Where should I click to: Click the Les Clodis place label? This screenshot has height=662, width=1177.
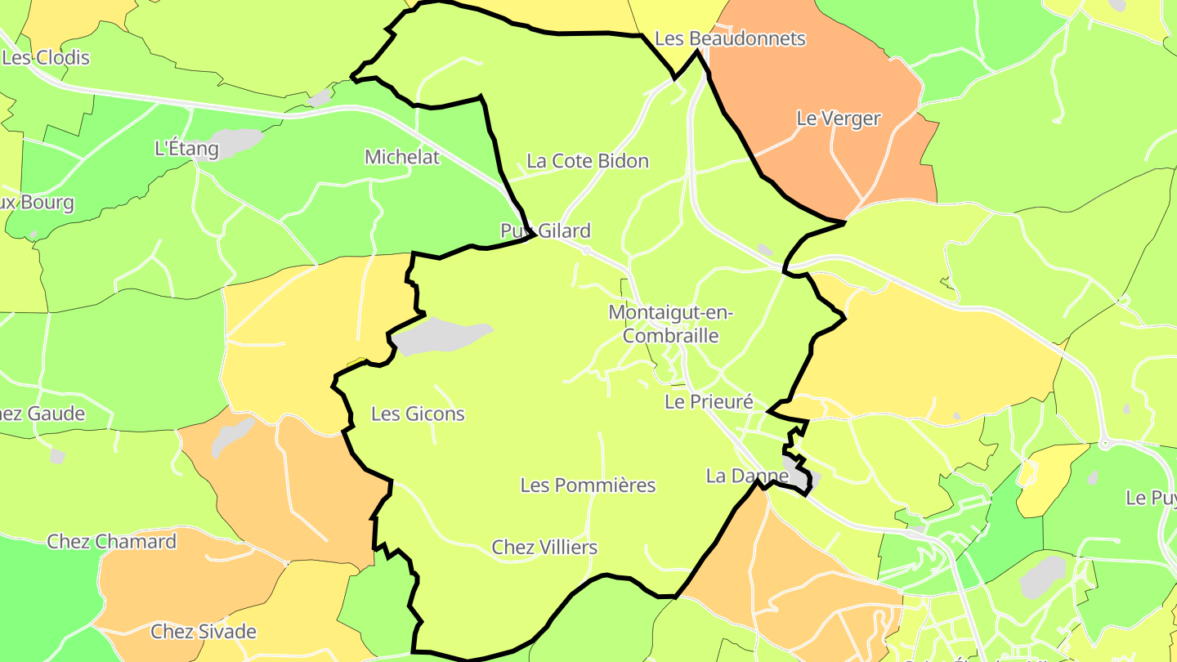(46, 58)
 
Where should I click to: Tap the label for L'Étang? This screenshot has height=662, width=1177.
(186, 149)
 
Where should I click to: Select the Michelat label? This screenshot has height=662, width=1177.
(401, 157)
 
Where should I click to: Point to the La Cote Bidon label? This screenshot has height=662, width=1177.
(587, 161)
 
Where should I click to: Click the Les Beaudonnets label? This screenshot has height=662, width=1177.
(731, 38)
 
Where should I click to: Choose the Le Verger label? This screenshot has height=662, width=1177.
(838, 119)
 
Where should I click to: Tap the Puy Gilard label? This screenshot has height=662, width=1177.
(545, 231)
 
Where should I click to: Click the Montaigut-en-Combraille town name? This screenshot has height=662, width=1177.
(671, 324)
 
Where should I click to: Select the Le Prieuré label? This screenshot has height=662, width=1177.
(708, 401)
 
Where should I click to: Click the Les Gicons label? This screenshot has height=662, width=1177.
(418, 414)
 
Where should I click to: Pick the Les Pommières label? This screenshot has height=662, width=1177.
(588, 485)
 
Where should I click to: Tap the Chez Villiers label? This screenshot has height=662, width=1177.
(544, 548)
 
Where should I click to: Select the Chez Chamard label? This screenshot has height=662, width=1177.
(111, 542)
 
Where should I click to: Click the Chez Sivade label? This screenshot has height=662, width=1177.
(204, 632)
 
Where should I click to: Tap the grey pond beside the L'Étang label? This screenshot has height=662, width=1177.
(233, 141)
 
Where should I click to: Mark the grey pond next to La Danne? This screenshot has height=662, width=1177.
(797, 472)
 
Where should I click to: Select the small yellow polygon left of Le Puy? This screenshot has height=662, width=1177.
(1050, 478)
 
